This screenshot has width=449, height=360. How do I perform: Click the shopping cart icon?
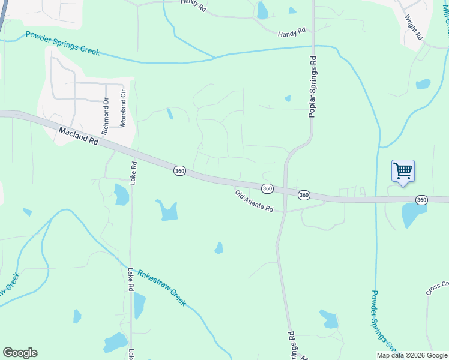tap(403, 171)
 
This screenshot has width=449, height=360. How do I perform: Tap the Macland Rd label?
tap(79, 135)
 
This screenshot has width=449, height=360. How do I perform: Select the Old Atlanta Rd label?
tap(255, 202)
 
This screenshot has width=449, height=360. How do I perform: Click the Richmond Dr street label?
tap(106, 116)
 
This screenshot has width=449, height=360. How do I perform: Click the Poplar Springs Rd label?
tap(313, 86)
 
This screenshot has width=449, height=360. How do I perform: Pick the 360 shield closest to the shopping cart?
tap(421, 200)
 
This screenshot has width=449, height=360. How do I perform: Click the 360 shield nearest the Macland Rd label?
tap(179, 171)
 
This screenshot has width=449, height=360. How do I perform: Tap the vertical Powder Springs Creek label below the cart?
tap(382, 320)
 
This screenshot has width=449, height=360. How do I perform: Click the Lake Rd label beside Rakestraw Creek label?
tap(130, 280)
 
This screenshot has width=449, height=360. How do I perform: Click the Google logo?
tap(20, 353)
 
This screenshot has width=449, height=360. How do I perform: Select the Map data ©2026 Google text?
tap(412, 355)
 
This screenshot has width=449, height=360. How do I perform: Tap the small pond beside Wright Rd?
tap(423, 84)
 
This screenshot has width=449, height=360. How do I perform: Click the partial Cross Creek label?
tap(438, 288)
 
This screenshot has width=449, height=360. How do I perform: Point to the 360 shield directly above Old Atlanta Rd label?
tap(268, 188)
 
